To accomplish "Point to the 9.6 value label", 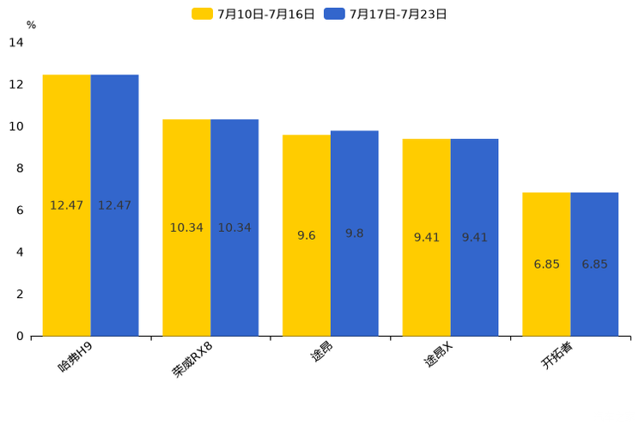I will pyautogui.click(x=307, y=235).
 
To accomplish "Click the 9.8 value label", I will pyautogui.click(x=355, y=234).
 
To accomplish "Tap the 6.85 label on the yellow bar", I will pyautogui.click(x=546, y=265).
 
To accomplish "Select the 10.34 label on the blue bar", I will pyautogui.click(x=234, y=228).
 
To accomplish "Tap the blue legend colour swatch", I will pyautogui.click(x=334, y=14).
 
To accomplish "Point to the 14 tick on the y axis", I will pyautogui.click(x=16, y=42).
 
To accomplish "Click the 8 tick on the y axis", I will pyautogui.click(x=20, y=168).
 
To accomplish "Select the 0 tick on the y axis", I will pyautogui.click(x=20, y=336).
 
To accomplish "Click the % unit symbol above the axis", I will pyautogui.click(x=31, y=25).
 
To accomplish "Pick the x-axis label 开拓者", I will pyautogui.click(x=557, y=356).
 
